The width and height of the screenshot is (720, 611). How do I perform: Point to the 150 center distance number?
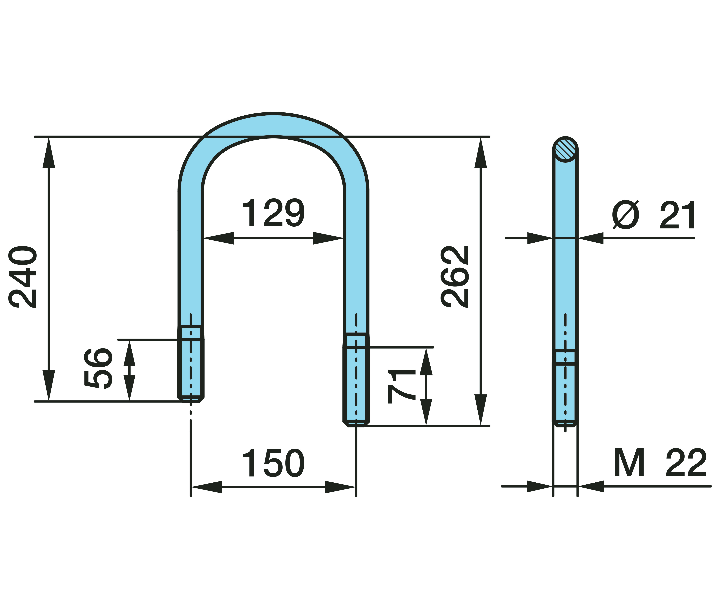273,463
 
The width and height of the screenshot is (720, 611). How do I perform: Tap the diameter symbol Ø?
625,215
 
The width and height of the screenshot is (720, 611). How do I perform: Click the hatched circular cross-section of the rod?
565,149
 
